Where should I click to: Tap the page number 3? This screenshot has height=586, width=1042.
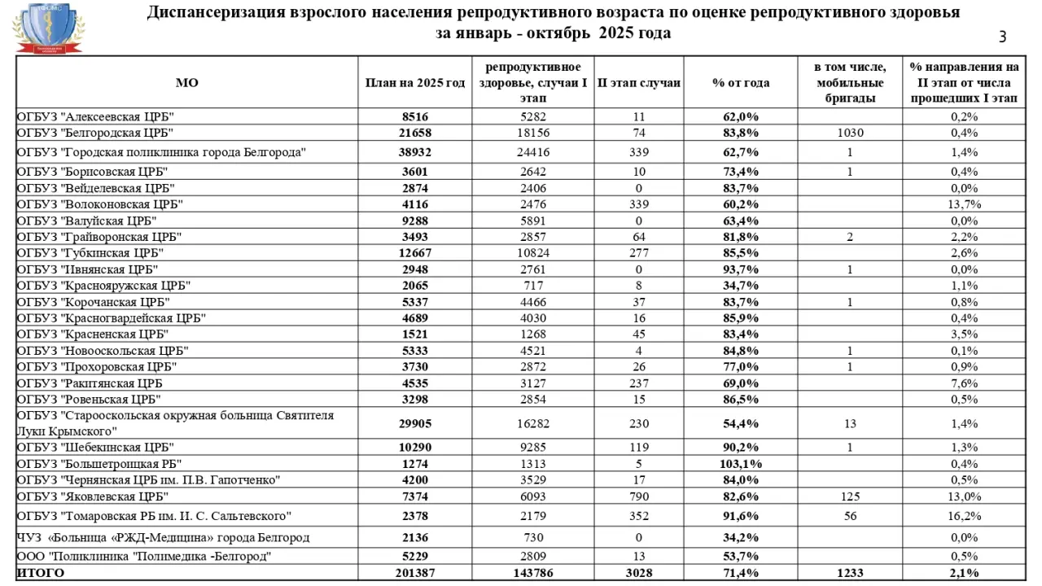1002,37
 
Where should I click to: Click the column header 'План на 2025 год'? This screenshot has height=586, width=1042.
415,83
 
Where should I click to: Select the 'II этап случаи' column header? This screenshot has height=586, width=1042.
639,83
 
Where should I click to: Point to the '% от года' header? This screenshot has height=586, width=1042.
741,83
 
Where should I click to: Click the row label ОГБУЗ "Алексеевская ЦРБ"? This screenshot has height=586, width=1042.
96,116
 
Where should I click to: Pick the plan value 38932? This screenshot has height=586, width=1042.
415,152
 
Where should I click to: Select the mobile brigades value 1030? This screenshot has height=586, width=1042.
850,133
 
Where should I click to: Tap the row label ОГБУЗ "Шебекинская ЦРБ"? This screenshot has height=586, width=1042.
95,448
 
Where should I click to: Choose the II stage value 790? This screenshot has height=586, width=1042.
639,496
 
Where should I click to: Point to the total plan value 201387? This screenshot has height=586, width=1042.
415,574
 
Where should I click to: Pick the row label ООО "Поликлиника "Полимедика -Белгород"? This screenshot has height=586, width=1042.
144,557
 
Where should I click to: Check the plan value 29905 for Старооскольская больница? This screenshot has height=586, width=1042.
415,423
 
